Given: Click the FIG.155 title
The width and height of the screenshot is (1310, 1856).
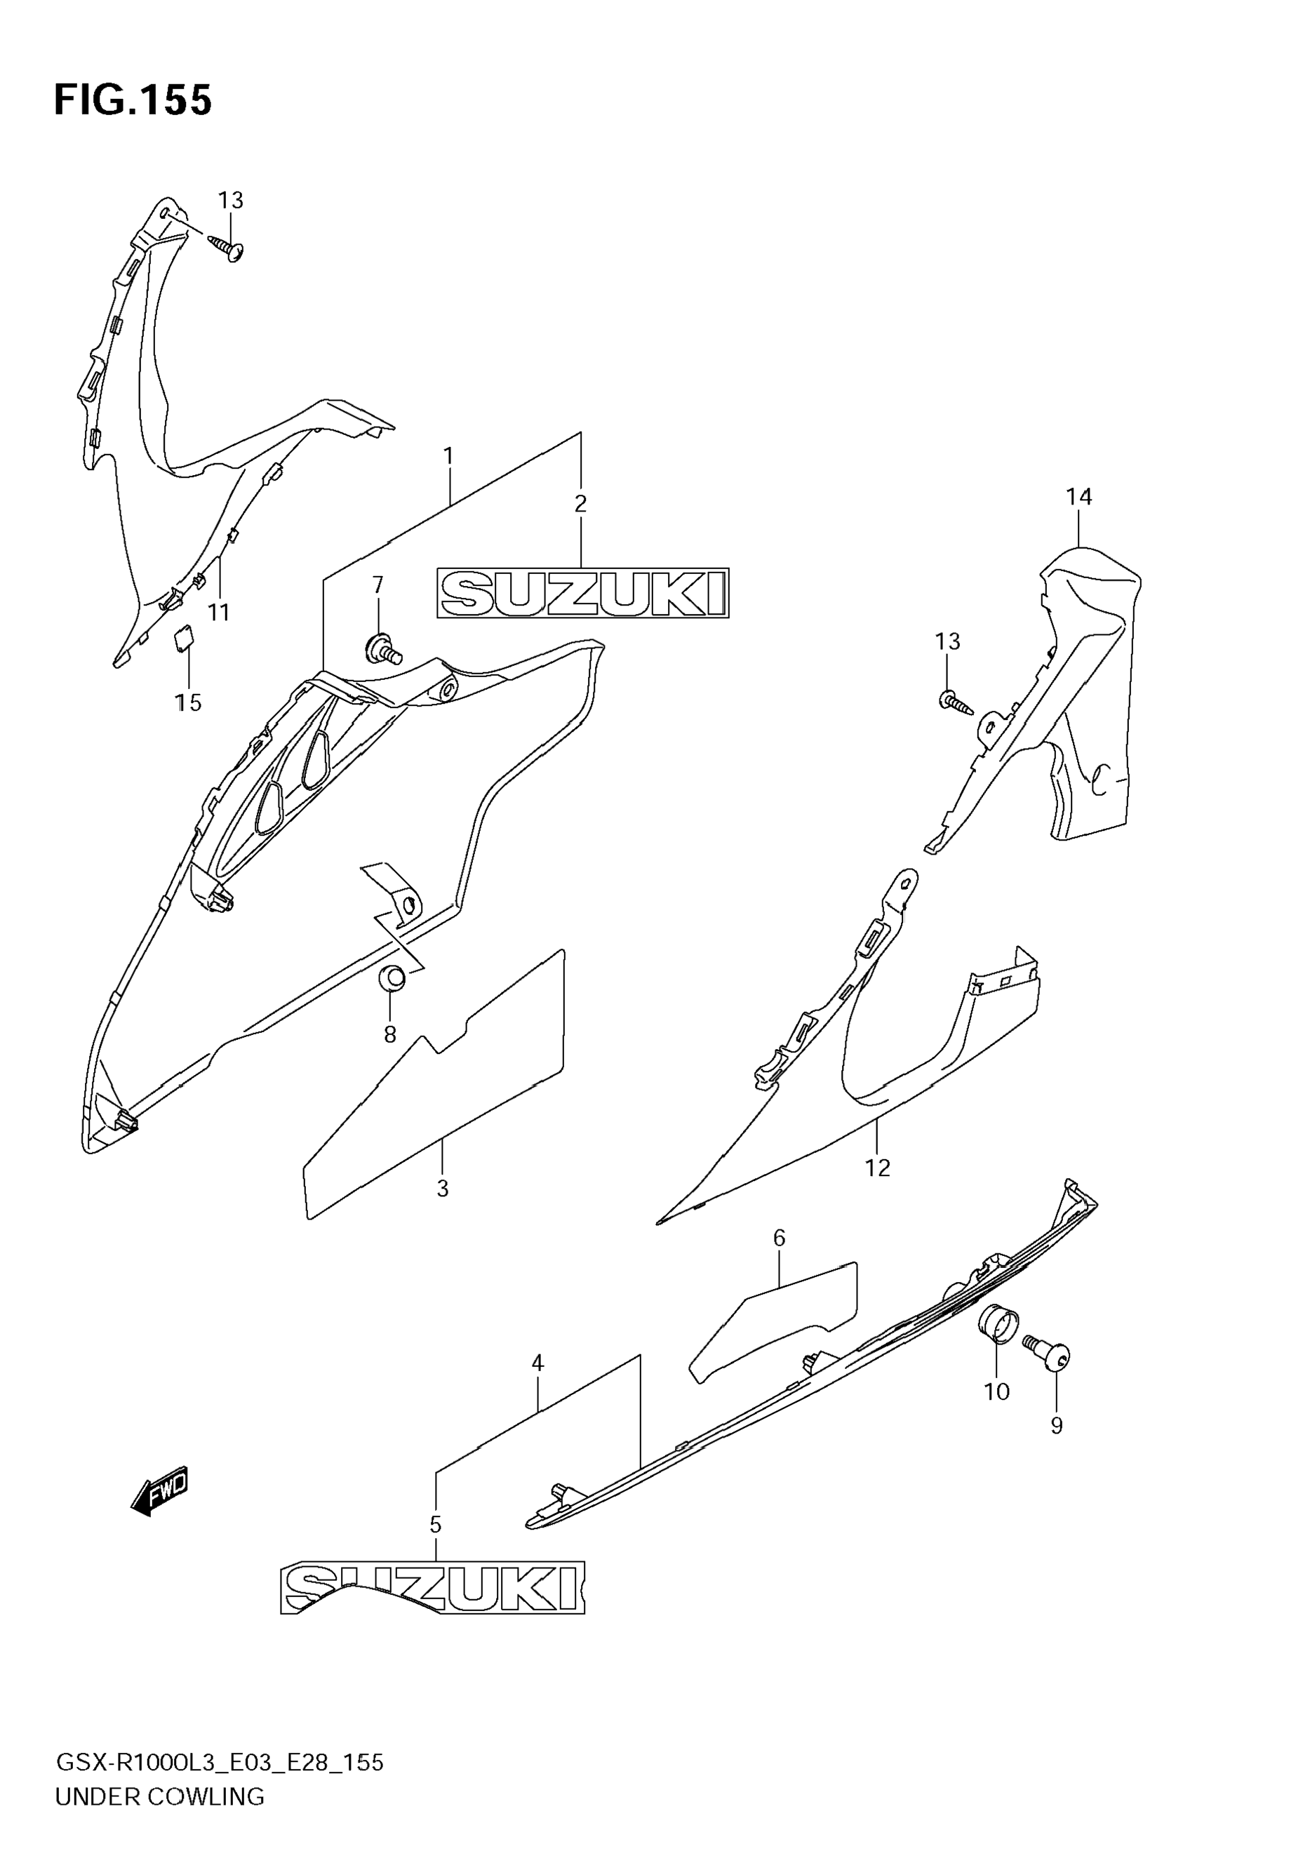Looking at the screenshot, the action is tap(133, 101).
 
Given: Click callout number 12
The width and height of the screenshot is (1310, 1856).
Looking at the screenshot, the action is tap(877, 1168).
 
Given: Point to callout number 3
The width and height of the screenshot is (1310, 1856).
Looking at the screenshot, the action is tap(442, 1188).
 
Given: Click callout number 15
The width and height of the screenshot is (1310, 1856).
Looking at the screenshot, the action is tap(188, 702).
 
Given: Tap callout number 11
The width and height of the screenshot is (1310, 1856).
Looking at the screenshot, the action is tap(219, 613).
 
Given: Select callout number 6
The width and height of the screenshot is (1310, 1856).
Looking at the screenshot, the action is tap(779, 1238).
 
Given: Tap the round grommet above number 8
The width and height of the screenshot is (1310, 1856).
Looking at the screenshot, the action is tap(392, 978).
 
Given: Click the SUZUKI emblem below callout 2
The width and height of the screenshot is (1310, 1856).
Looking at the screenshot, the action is tap(582, 594).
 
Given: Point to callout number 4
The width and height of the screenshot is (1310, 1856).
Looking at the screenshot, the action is tap(537, 1363).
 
